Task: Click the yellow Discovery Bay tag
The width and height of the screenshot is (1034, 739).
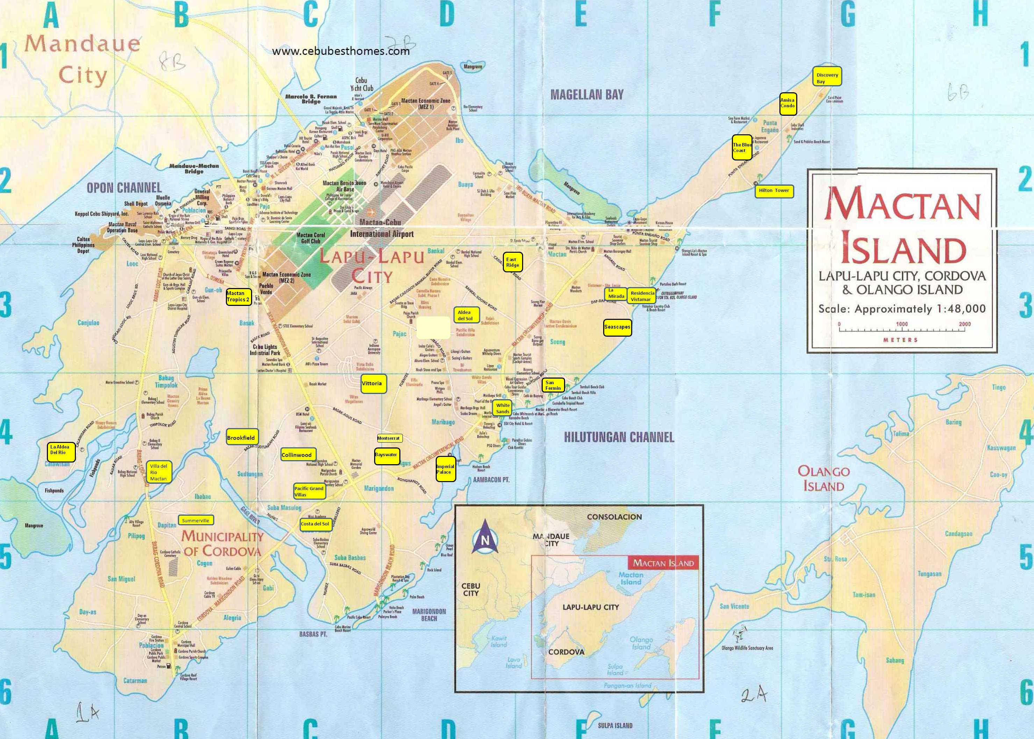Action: coord(827,78)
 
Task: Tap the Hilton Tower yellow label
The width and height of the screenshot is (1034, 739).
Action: coord(774,191)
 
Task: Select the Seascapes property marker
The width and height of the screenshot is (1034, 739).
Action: coord(617,327)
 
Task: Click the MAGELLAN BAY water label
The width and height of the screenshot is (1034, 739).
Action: coord(587,95)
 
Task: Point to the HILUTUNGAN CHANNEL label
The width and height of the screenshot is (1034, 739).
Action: coord(619,437)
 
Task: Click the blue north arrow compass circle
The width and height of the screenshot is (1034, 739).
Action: coord(485,540)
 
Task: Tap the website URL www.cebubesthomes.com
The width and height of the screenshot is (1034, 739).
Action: coord(341,51)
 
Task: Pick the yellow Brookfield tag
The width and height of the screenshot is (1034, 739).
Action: coord(241,438)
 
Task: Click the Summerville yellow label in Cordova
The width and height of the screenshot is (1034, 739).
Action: coord(196,520)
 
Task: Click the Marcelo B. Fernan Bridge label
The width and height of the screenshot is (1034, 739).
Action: coord(311,99)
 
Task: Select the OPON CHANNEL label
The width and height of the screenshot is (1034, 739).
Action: coord(124,187)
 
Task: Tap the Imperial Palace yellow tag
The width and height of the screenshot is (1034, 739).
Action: coord(445,469)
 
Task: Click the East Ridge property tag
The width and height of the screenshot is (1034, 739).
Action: coord(512,262)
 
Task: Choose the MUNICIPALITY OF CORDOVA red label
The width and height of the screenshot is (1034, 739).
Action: coord(222,543)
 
